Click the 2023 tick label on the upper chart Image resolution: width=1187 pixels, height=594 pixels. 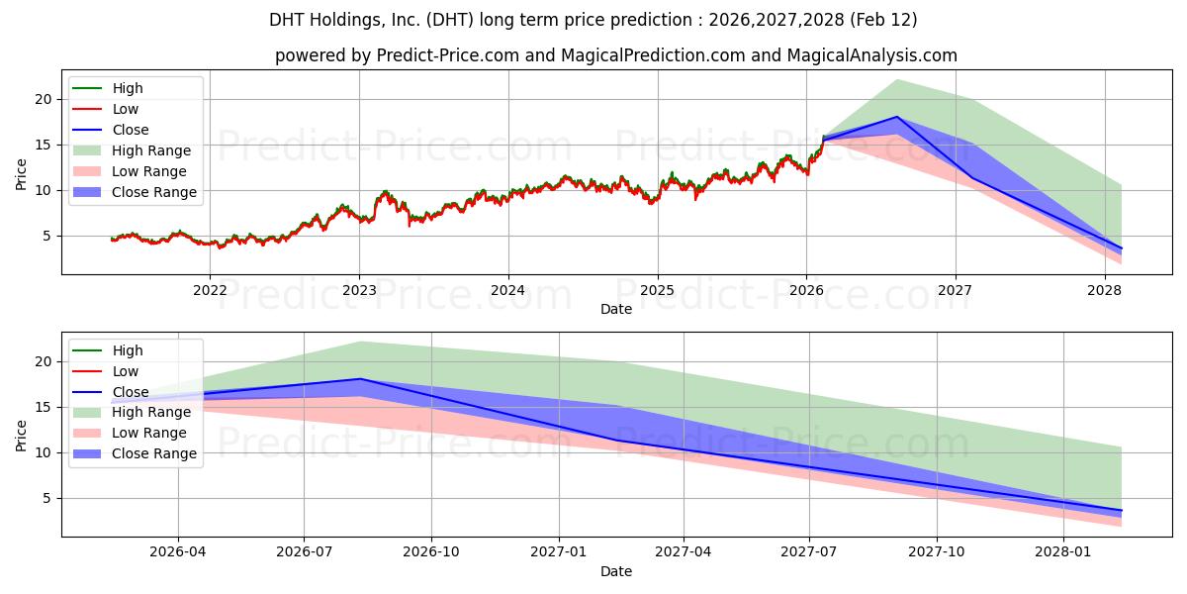click(359, 290)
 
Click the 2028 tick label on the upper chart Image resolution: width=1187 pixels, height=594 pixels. click(1105, 290)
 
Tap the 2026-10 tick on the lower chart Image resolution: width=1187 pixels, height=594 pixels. click(432, 552)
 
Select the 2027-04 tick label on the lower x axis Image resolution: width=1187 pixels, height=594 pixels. click(684, 552)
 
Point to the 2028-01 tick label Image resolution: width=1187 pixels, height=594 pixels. click(1063, 552)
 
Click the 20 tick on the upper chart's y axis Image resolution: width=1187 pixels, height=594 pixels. click(42, 99)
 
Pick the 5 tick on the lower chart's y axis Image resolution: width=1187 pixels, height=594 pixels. click(46, 498)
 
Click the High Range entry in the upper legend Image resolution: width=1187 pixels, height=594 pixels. click(151, 150)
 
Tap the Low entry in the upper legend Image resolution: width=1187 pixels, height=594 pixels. click(126, 109)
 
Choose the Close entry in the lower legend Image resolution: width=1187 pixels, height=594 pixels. click(130, 392)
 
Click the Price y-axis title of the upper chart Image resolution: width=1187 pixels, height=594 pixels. click(22, 174)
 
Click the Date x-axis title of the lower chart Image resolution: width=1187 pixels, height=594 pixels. click(616, 571)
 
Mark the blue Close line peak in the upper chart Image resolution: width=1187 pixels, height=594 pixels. click(897, 117)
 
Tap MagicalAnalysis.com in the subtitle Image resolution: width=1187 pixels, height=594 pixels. click(871, 55)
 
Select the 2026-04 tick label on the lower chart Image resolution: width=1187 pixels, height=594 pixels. click(178, 552)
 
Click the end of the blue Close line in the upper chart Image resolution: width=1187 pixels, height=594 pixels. click(1121, 248)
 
